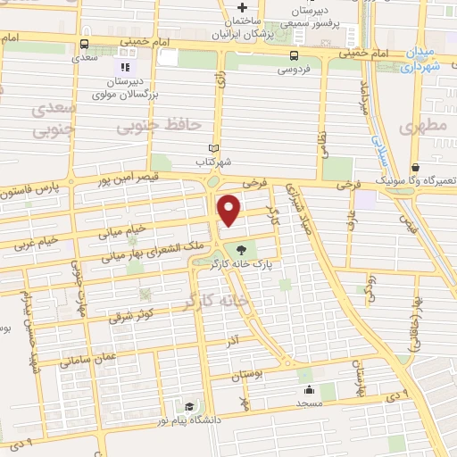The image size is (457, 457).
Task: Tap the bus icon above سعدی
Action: click(84, 44)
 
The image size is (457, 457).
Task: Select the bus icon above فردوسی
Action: click(294, 54)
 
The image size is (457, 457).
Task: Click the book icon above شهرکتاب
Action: click(212, 149)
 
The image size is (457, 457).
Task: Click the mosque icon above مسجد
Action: click(309, 390)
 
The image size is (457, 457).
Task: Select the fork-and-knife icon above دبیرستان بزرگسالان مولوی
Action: click(124, 65)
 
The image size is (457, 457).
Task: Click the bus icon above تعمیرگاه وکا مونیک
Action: click(415, 167)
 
